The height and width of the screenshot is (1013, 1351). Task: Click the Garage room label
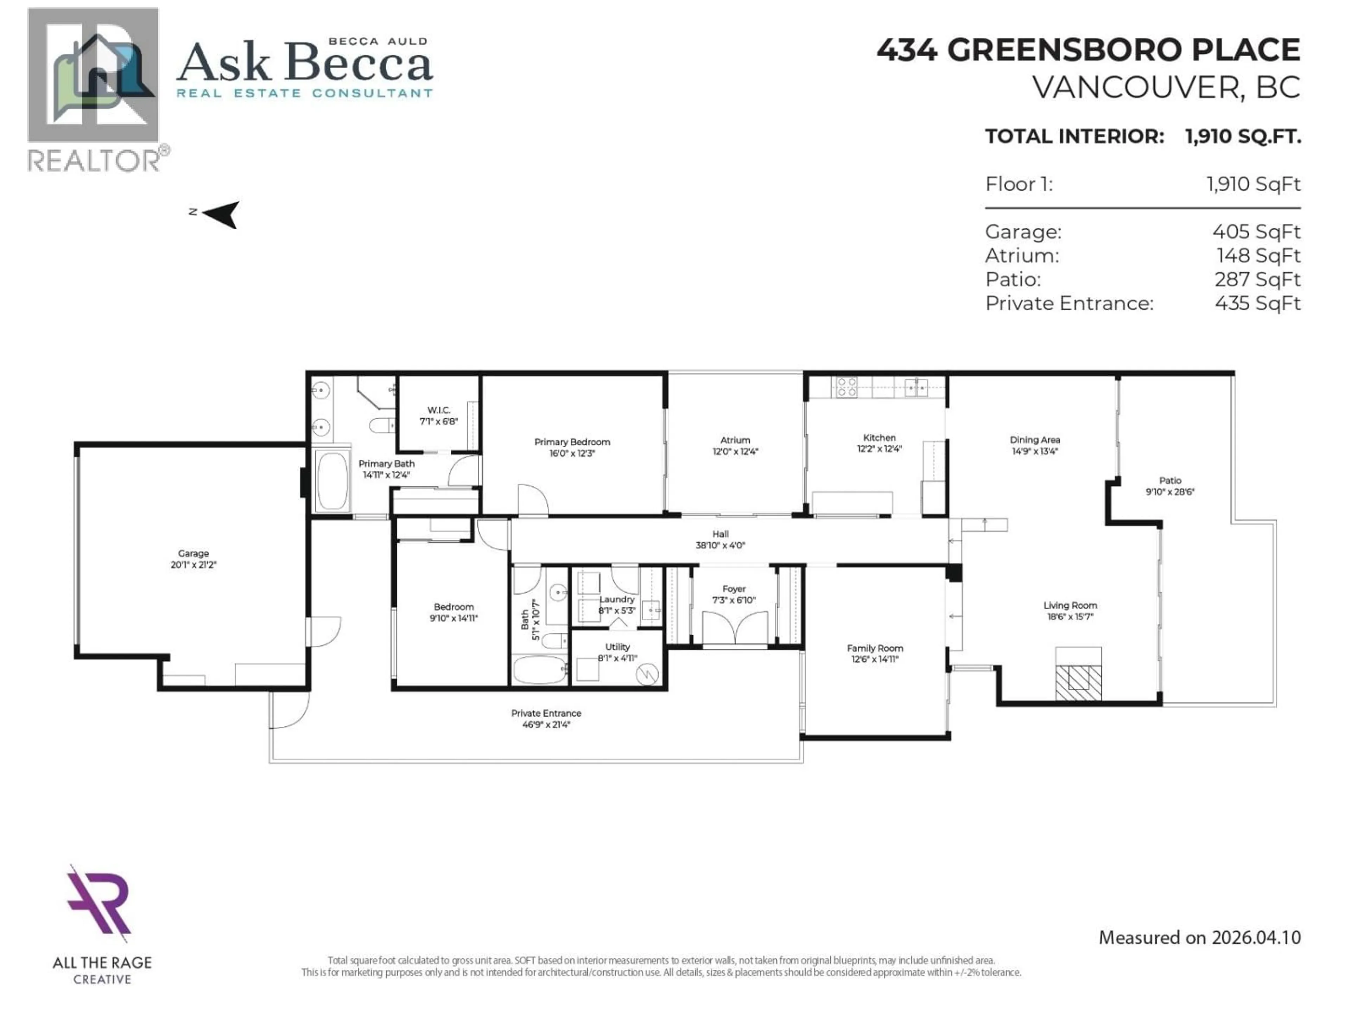(193, 553)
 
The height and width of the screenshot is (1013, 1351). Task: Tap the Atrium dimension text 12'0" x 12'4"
(735, 452)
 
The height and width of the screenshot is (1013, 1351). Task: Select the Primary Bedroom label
(572, 442)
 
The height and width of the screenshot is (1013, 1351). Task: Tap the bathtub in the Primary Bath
(332, 480)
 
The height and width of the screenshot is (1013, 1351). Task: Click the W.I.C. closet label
(438, 410)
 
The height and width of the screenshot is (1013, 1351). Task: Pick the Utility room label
(617, 646)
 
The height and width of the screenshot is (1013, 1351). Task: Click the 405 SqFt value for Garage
(1256, 232)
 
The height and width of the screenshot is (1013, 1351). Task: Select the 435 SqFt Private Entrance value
(1257, 304)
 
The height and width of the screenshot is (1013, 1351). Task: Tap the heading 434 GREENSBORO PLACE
(1089, 50)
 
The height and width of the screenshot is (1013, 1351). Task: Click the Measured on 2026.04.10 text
(1199, 938)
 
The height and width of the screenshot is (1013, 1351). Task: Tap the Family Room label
(875, 649)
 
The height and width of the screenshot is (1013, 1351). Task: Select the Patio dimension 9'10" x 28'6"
(1169, 491)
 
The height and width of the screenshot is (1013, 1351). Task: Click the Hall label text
(720, 534)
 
